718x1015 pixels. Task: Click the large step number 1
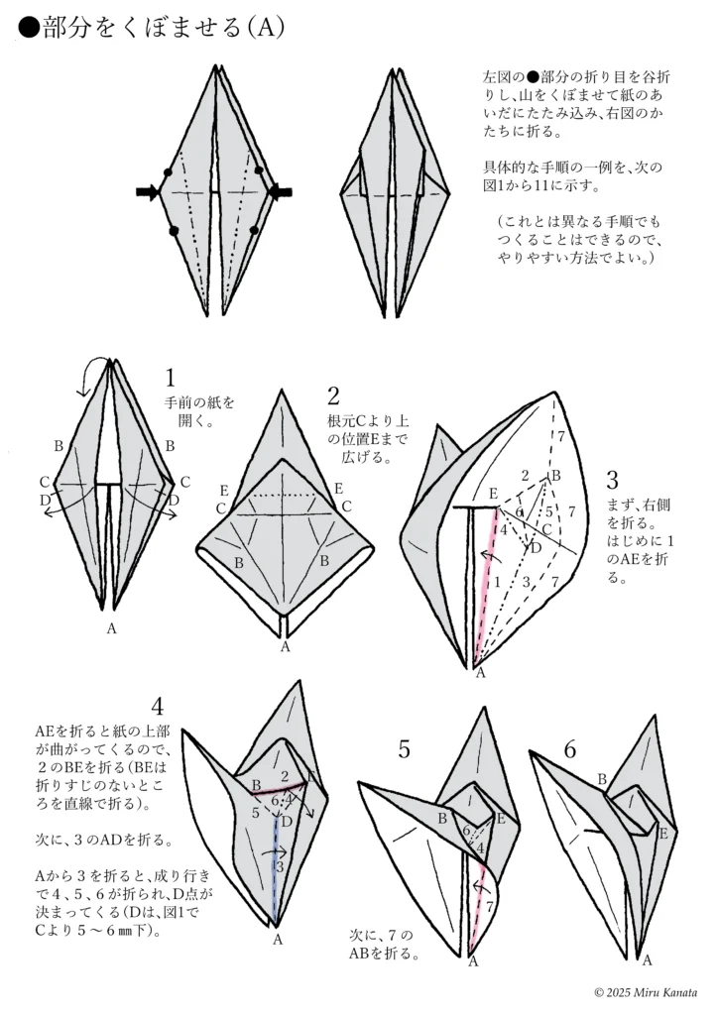coord(171,378)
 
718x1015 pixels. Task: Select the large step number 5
coord(404,749)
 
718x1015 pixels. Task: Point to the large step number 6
coord(569,749)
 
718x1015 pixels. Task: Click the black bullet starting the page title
coord(29,30)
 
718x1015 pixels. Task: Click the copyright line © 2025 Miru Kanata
coord(646,992)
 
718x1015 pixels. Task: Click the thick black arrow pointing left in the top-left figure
coord(281,192)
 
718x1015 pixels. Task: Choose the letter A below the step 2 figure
coord(286,646)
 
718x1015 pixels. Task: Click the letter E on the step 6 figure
coord(661,834)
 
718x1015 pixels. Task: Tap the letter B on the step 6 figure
coord(602,780)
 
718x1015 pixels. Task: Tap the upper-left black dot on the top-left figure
coord(167,169)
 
